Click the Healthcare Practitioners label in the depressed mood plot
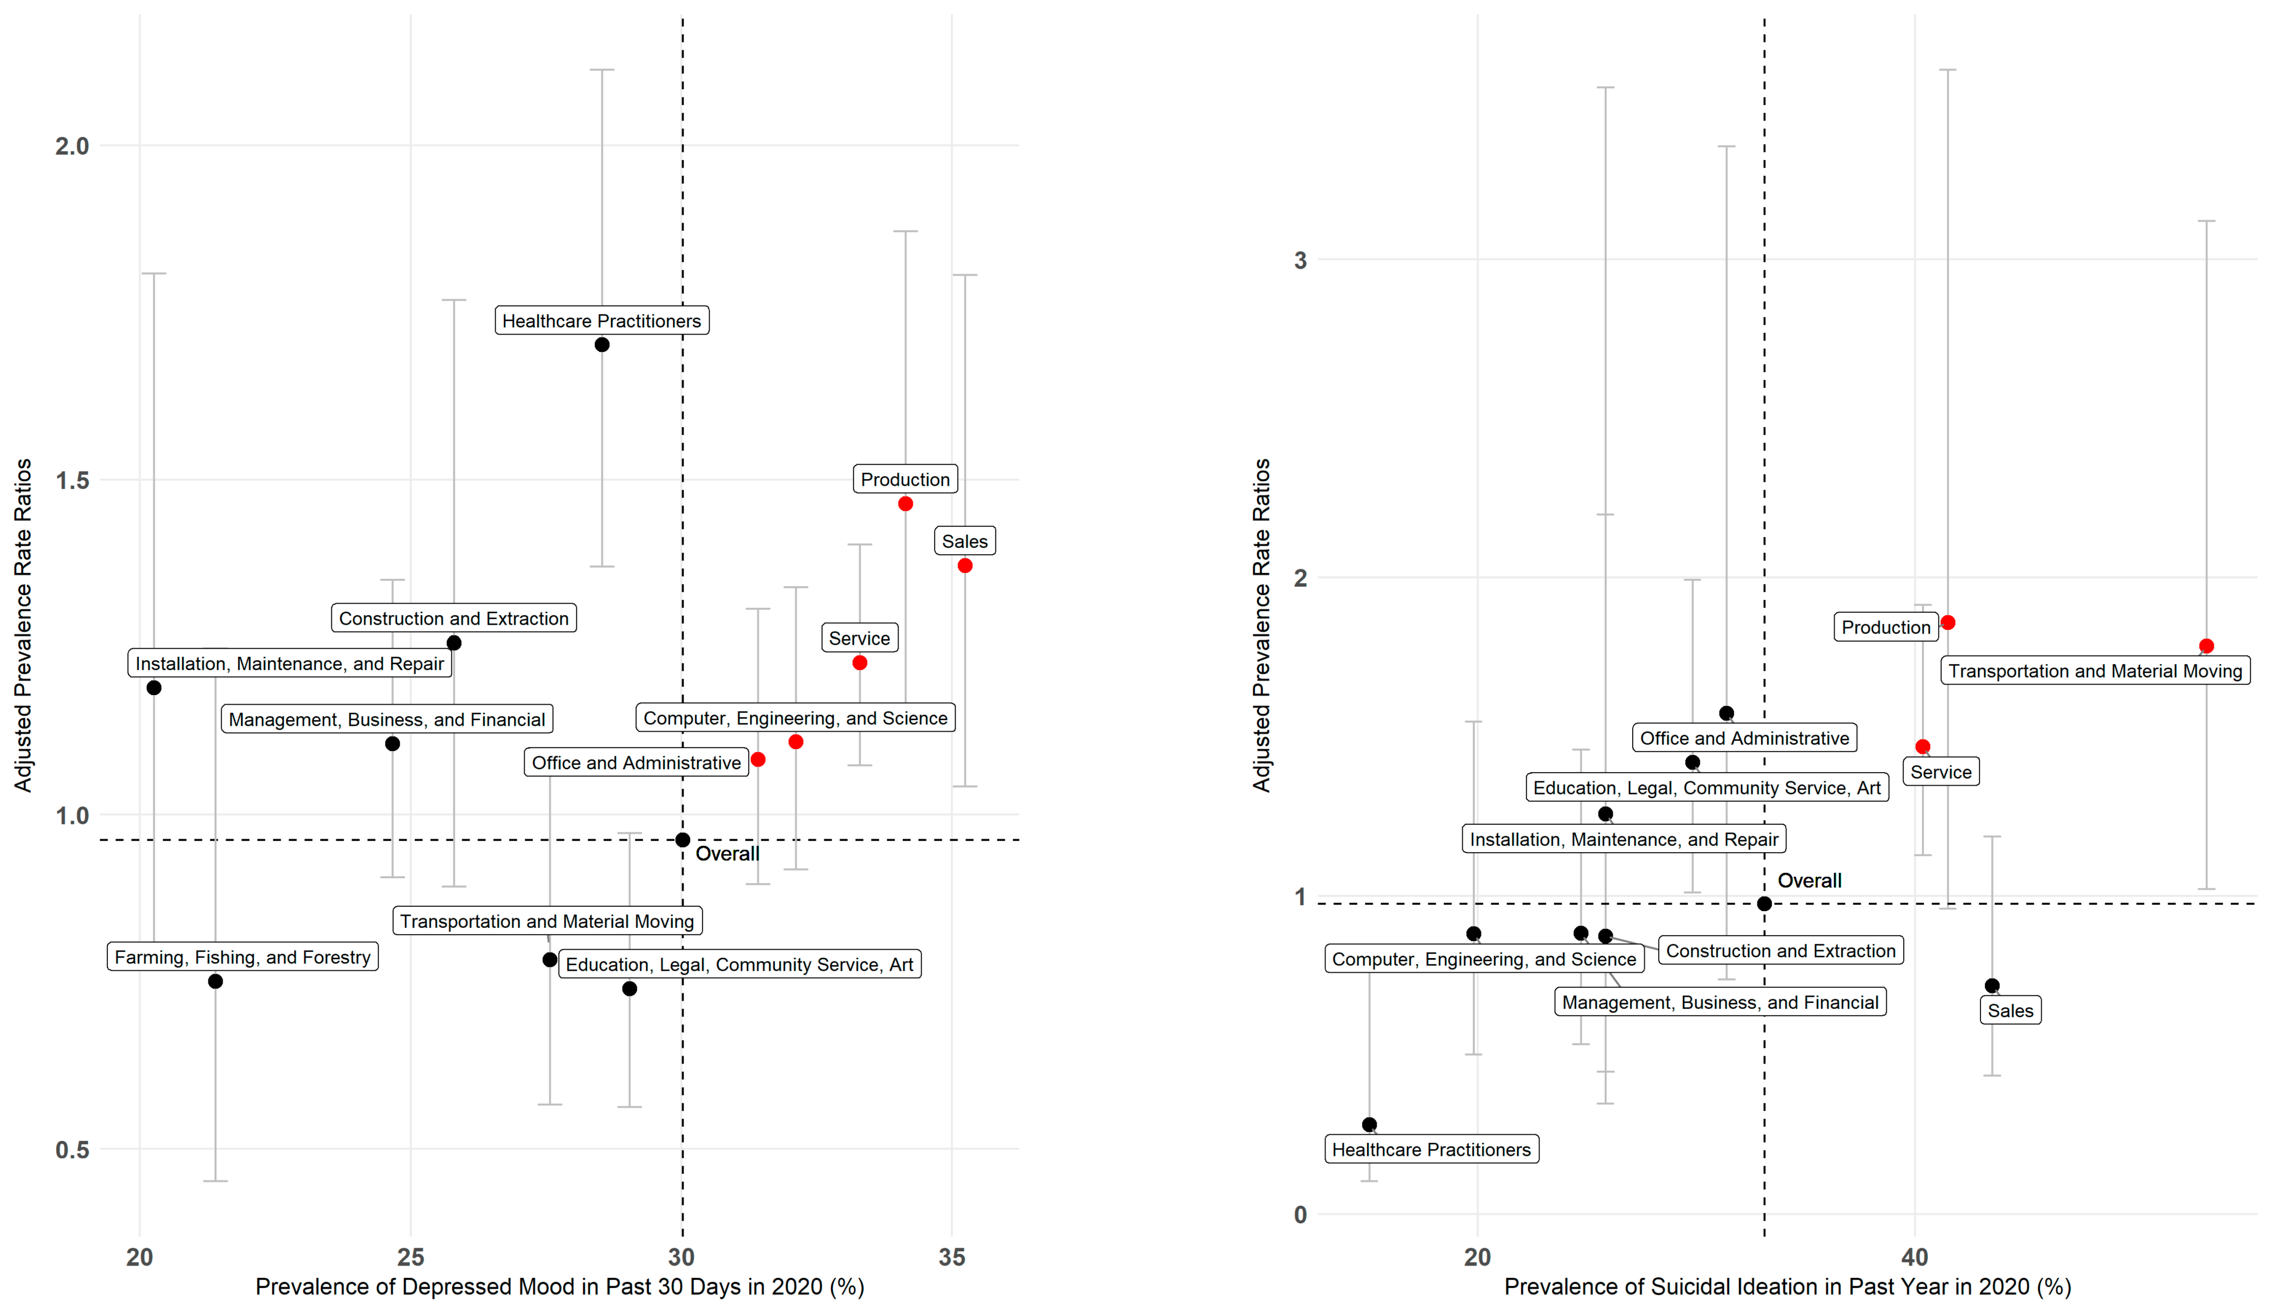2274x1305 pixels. pos(602,321)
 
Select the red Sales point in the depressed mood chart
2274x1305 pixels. pos(965,565)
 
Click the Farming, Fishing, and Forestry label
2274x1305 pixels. pos(242,957)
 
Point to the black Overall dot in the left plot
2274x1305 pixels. pos(682,840)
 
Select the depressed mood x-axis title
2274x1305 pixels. pos(559,1287)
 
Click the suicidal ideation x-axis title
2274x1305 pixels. pos(1787,1287)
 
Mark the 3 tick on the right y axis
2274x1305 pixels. pos(1300,260)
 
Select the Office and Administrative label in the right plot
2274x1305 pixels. pos(1744,738)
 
